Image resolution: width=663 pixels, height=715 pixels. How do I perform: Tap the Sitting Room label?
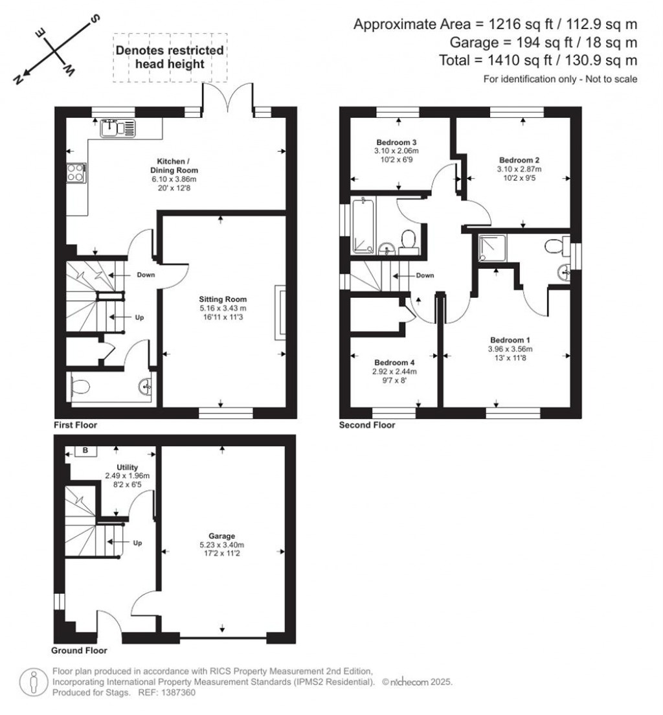point(223,299)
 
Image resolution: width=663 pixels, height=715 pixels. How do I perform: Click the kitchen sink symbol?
point(118,128)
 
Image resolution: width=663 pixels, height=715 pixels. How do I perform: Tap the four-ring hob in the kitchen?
point(74,174)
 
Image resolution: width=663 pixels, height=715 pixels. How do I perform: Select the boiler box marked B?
point(85,451)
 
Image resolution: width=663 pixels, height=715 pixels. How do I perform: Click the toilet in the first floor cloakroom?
point(80,388)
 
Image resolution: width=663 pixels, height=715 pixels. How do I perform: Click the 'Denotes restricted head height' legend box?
point(170,57)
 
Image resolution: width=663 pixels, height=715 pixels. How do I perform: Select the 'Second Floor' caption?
point(367,426)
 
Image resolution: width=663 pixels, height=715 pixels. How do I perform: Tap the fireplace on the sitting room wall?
point(280,312)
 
